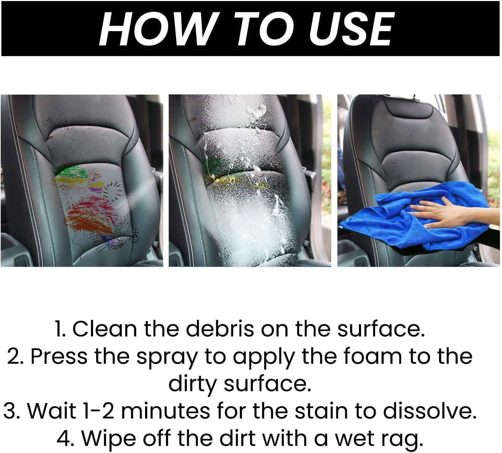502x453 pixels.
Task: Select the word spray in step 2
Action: pos(167,357)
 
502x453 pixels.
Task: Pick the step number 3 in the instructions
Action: pos(10,411)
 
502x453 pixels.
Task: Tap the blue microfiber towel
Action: pos(387,219)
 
